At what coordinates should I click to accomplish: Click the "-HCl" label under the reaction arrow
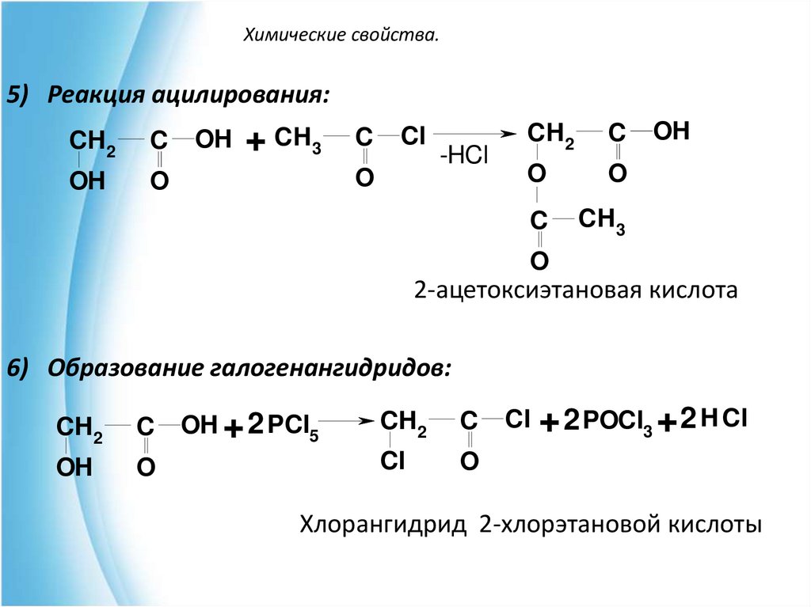(x=465, y=156)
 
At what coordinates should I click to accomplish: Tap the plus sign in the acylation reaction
(x=254, y=142)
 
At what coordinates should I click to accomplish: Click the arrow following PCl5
(x=345, y=422)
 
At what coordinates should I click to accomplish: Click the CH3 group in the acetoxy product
(x=601, y=221)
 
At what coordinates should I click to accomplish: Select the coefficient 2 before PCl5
(x=254, y=424)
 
